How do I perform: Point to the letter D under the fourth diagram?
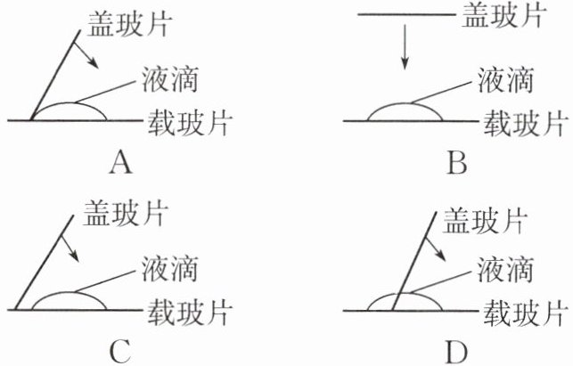pyautogui.click(x=456, y=352)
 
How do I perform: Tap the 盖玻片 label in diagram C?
pyautogui.click(x=127, y=215)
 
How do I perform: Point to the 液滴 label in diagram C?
pyautogui.click(x=168, y=266)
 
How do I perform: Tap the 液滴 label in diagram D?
pyautogui.click(x=505, y=267)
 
